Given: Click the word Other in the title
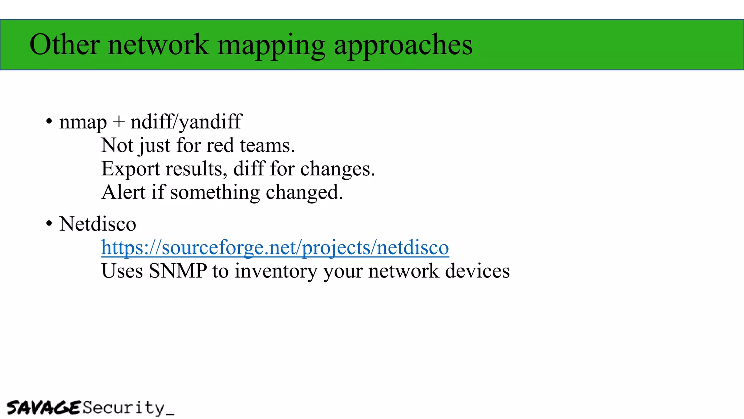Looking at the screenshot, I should click(x=64, y=45).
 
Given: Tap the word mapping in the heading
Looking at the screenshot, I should click(x=271, y=45).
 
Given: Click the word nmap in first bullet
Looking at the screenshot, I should click(x=83, y=122).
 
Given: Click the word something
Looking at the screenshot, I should click(x=215, y=193).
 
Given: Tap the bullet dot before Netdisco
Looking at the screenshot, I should click(x=49, y=224).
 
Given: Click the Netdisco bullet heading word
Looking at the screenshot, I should click(x=98, y=224).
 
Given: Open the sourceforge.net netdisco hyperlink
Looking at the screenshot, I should click(x=275, y=248).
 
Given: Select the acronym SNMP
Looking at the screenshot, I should click(x=178, y=271).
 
